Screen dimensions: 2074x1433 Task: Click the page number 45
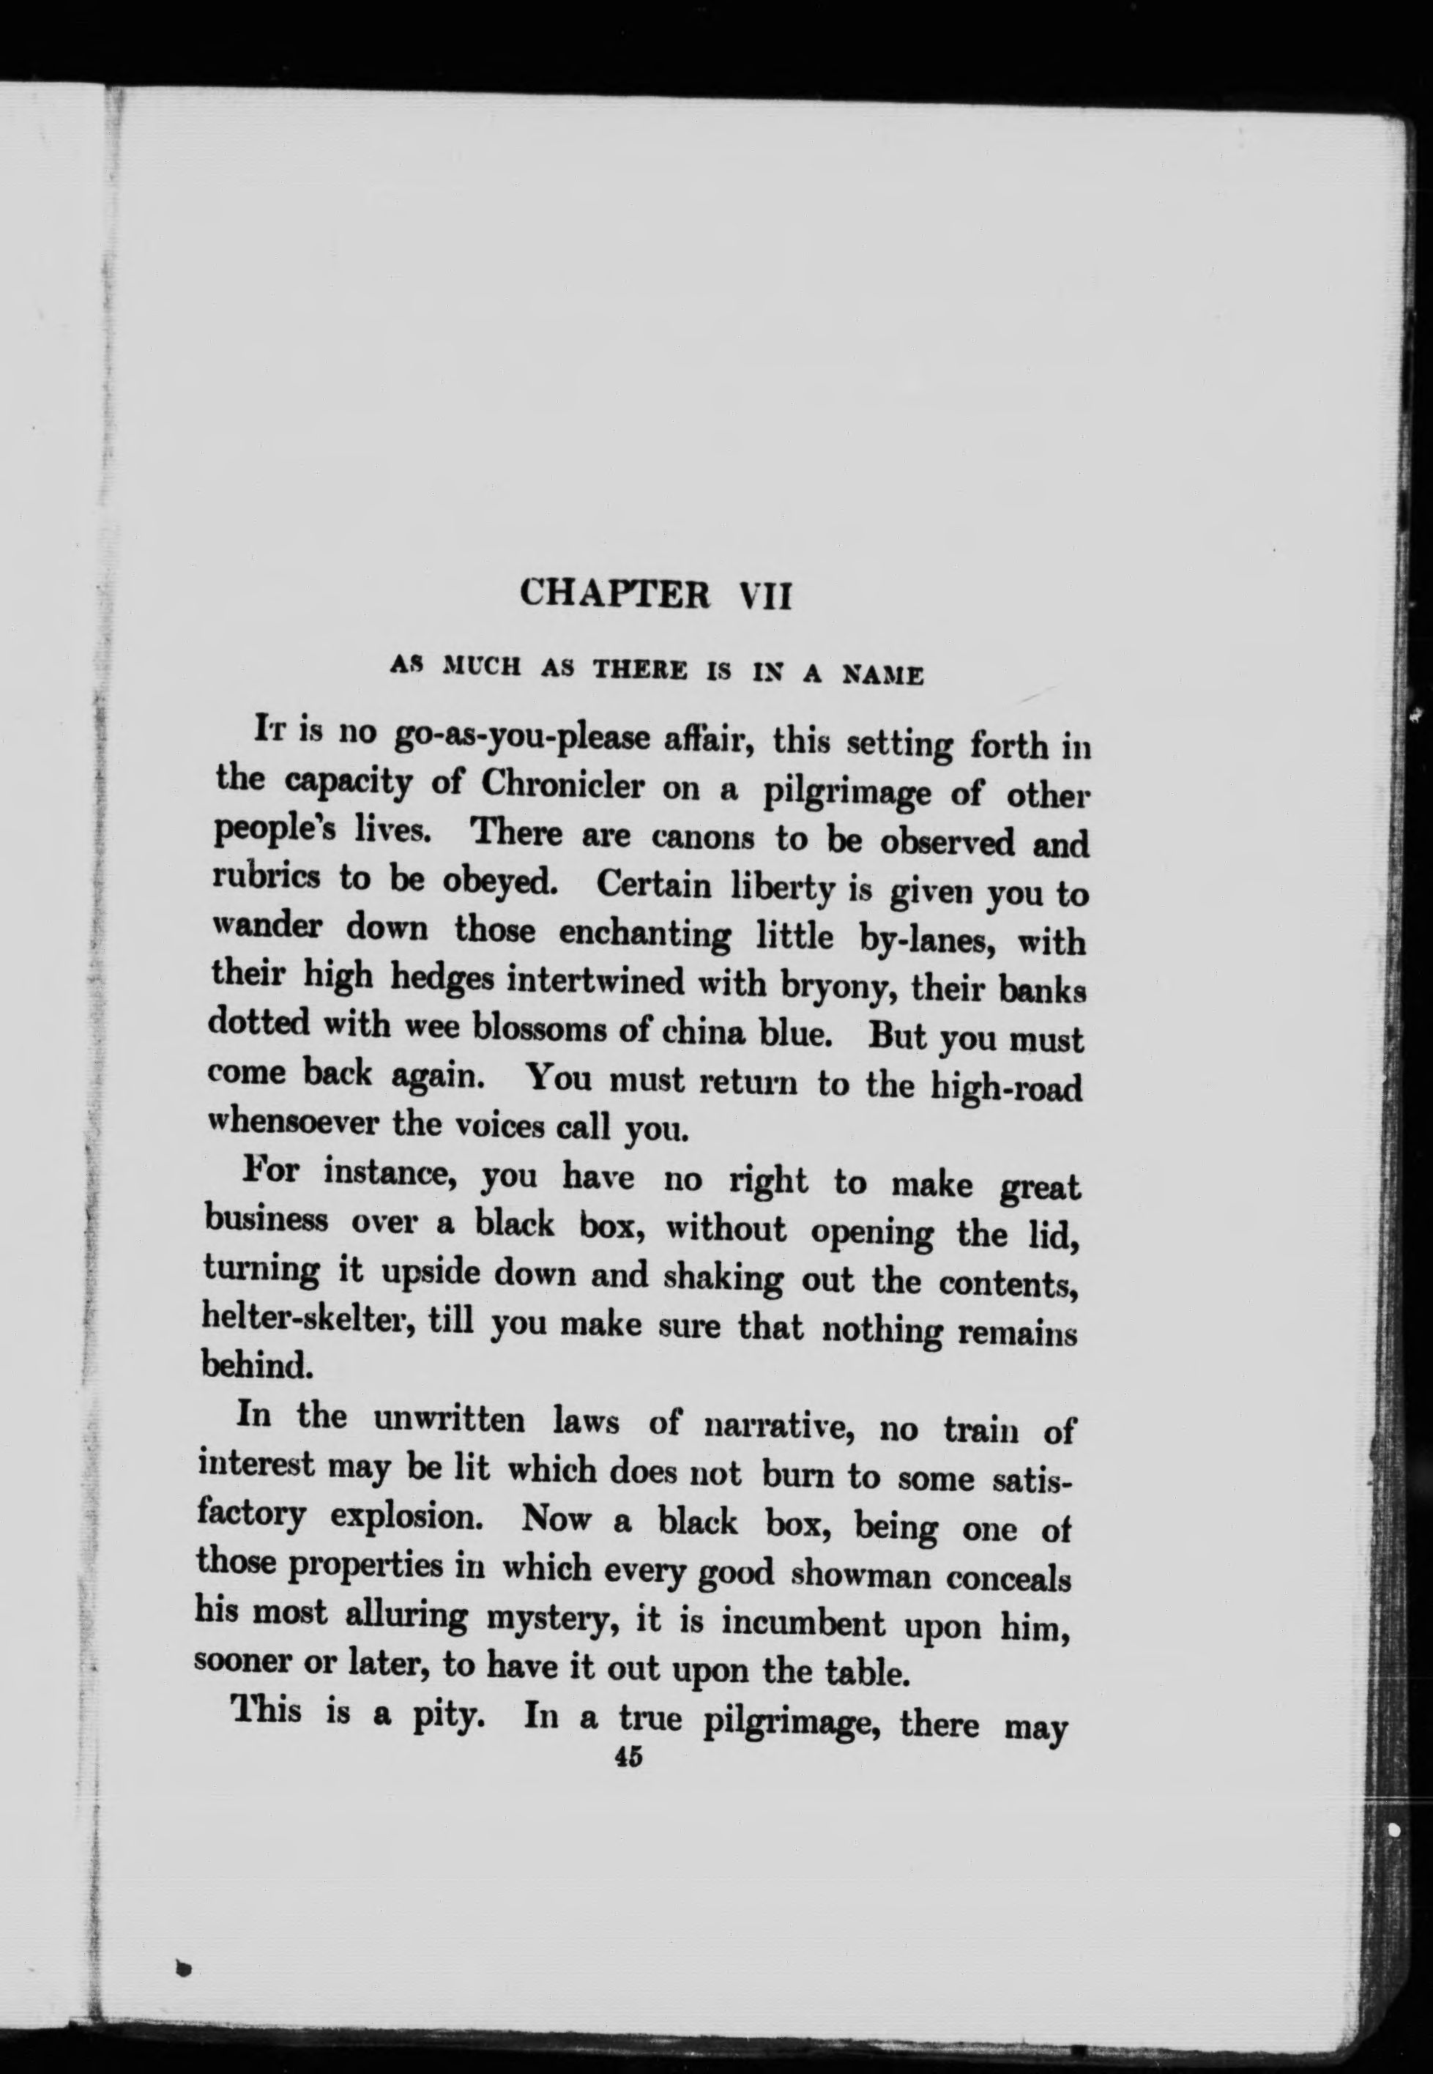[x=628, y=1757]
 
